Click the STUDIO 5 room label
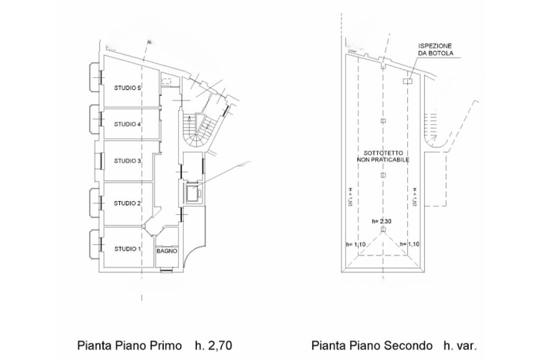[x=127, y=88]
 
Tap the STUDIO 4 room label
[x=127, y=124]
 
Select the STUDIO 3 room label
[x=127, y=160]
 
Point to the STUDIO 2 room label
[x=127, y=203]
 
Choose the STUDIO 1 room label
[x=127, y=249]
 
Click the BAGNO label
[x=167, y=251]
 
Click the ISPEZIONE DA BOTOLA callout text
[x=435, y=50]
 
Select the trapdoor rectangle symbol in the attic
[x=408, y=81]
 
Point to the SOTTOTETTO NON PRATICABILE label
[x=383, y=156]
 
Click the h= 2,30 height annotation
[x=381, y=221]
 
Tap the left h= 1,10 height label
[x=356, y=244]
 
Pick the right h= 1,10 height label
[x=409, y=244]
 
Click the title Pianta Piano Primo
[x=129, y=345]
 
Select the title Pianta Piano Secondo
[x=372, y=345]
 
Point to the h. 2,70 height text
[x=213, y=345]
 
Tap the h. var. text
[x=460, y=345]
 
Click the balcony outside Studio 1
[x=95, y=244]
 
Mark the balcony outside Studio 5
[x=95, y=77]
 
